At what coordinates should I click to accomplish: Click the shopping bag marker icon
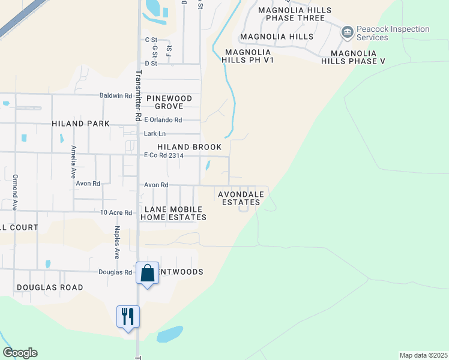[x=148, y=273]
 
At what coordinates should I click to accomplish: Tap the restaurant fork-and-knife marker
[x=128, y=316]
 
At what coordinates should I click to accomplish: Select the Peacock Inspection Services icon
[x=347, y=32]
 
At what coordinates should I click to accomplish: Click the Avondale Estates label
[x=239, y=198]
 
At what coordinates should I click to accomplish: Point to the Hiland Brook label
[x=189, y=147]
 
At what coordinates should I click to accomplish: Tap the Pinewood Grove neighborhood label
[x=169, y=102]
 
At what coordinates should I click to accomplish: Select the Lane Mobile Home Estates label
[x=173, y=212]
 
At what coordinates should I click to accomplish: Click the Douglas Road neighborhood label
[x=50, y=287]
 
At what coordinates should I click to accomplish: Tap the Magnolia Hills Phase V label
[x=353, y=57]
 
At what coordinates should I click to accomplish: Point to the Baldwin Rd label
[x=116, y=95]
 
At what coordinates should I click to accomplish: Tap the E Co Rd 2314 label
[x=163, y=155]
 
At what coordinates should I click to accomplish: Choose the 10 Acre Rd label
[x=116, y=212]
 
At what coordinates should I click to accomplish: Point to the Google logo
[x=20, y=353]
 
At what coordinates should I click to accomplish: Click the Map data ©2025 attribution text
[x=423, y=355]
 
